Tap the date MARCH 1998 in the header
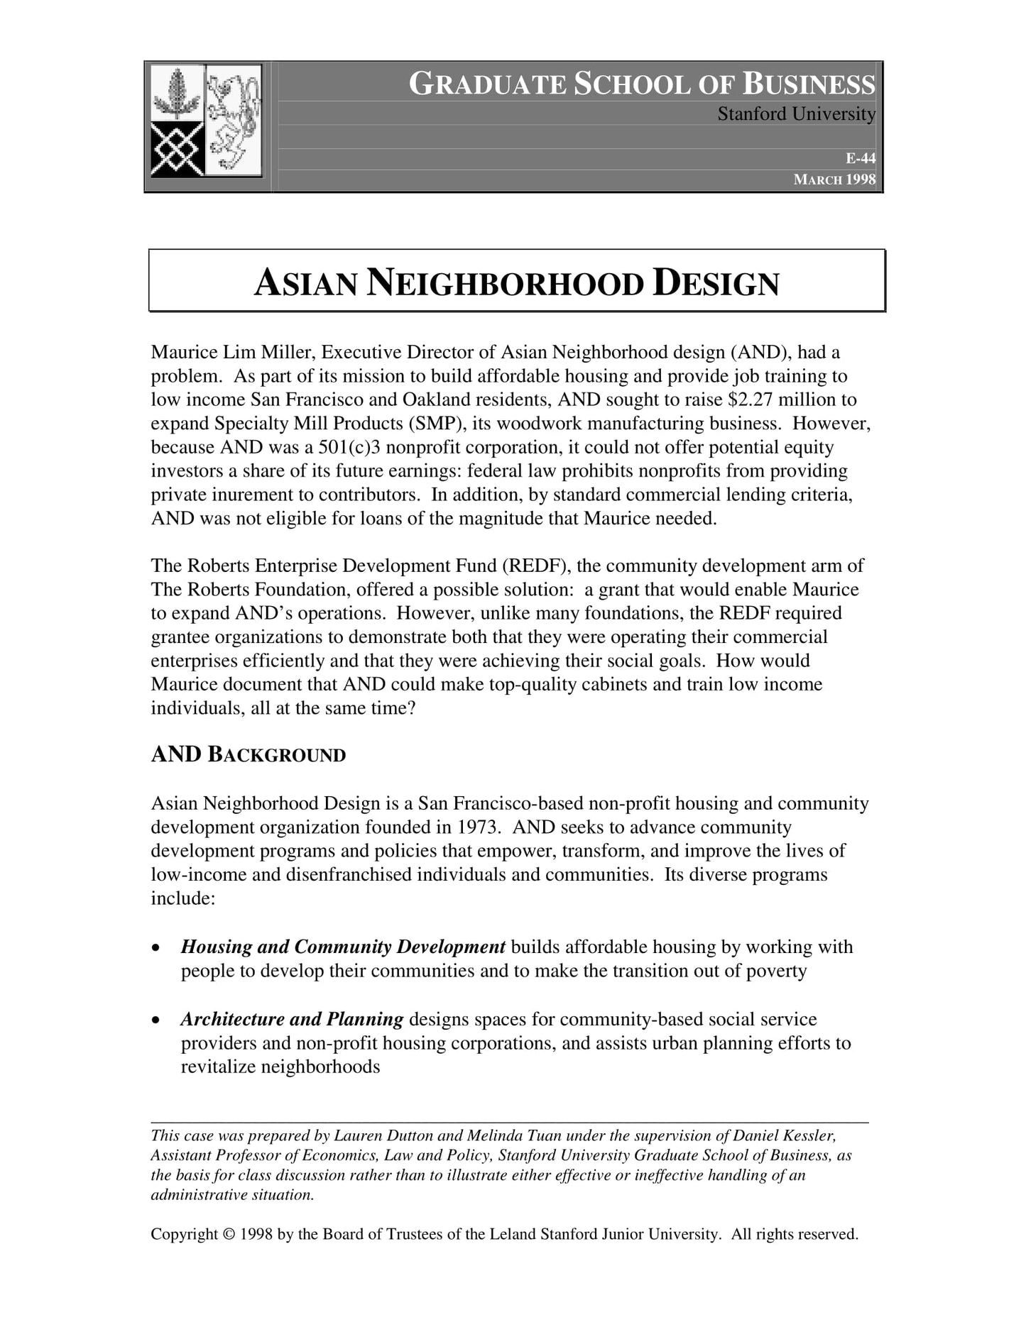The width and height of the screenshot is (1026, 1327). [834, 180]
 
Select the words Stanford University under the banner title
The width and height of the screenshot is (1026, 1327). [796, 114]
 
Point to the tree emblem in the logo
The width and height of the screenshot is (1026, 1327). [177, 94]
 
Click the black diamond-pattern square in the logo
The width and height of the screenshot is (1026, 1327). [178, 149]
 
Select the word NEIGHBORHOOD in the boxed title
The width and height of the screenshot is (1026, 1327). [505, 283]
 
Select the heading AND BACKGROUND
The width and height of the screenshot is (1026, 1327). [248, 754]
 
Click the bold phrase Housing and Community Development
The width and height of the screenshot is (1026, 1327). [343, 947]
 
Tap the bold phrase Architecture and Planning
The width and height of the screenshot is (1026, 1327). [292, 1020]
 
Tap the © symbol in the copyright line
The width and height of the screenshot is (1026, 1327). [228, 1234]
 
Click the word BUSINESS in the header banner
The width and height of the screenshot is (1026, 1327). [809, 84]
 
